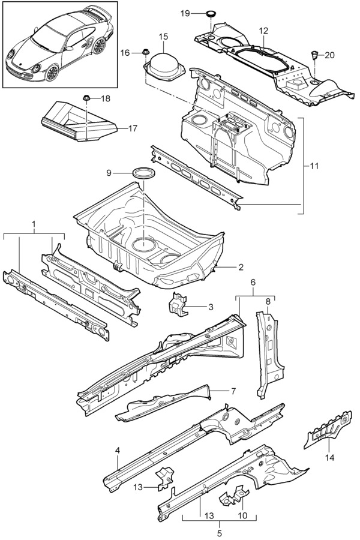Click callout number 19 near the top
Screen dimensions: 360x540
click(x=185, y=13)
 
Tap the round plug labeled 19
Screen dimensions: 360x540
click(x=210, y=14)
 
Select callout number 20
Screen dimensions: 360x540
click(x=329, y=55)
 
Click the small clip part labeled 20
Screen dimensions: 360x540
click(x=314, y=55)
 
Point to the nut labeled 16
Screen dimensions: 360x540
click(x=145, y=52)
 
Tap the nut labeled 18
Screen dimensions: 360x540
click(x=86, y=98)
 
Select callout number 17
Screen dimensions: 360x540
click(x=133, y=128)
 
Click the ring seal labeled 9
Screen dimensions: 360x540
click(x=143, y=172)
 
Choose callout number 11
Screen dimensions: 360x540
click(x=314, y=166)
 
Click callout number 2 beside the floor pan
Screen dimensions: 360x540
click(x=241, y=267)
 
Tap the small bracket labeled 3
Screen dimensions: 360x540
click(x=176, y=302)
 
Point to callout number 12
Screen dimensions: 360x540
click(x=263, y=31)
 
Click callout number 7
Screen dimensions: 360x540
click(x=233, y=391)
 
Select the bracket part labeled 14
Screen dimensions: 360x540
click(x=328, y=430)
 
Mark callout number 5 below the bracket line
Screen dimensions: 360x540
click(x=220, y=533)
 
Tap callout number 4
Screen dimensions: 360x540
click(x=118, y=450)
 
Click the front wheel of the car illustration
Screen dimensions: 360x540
click(x=52, y=73)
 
